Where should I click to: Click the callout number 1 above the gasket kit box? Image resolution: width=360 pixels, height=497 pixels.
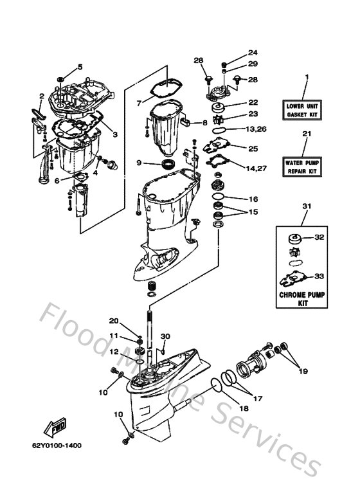point(306,78)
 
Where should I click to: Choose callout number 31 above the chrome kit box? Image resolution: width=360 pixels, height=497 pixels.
point(306,206)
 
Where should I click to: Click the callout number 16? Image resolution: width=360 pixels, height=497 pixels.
point(253,199)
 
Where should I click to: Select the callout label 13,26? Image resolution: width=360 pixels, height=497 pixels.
point(255,129)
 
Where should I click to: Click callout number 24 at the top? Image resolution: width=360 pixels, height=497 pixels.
point(253,53)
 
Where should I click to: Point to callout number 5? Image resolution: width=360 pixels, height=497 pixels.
point(80,67)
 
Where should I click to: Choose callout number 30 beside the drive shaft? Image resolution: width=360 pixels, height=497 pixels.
point(165,336)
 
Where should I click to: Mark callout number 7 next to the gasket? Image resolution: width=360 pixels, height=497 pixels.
point(138,102)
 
